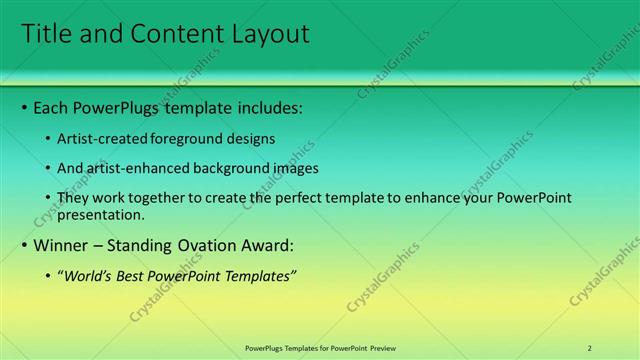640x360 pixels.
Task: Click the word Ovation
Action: click(x=221, y=245)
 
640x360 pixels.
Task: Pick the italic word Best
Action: click(x=131, y=276)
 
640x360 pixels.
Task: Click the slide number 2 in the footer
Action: click(x=590, y=348)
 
